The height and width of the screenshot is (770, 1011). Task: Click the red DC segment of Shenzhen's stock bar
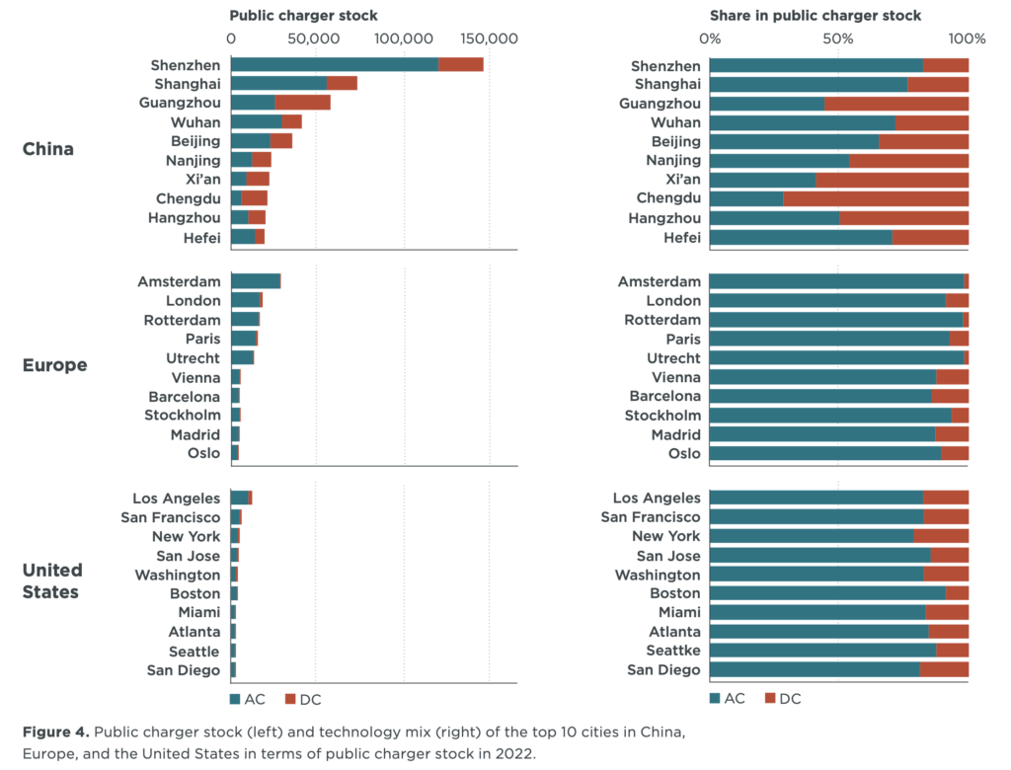[x=460, y=65]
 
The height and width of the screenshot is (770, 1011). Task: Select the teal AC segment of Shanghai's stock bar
[x=278, y=84]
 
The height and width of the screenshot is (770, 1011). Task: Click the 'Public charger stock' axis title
[x=303, y=16]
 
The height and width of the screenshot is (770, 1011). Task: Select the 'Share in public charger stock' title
[x=816, y=16]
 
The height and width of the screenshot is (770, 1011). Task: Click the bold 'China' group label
[x=48, y=150]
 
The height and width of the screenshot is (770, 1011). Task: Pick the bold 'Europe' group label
[x=54, y=365]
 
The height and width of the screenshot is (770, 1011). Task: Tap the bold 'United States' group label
[x=52, y=581]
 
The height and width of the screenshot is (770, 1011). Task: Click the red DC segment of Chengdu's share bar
[x=876, y=198]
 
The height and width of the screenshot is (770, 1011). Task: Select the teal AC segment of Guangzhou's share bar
[x=767, y=104]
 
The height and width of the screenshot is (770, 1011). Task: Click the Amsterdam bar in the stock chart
[x=255, y=281]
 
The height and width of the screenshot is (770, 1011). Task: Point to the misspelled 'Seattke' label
[x=674, y=652]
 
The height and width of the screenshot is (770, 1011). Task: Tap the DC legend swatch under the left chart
[x=290, y=699]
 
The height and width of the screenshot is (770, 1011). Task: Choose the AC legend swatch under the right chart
[x=716, y=699]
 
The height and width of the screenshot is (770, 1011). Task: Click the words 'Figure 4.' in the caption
[x=55, y=732]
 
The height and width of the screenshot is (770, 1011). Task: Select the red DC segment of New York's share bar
[x=941, y=536]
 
